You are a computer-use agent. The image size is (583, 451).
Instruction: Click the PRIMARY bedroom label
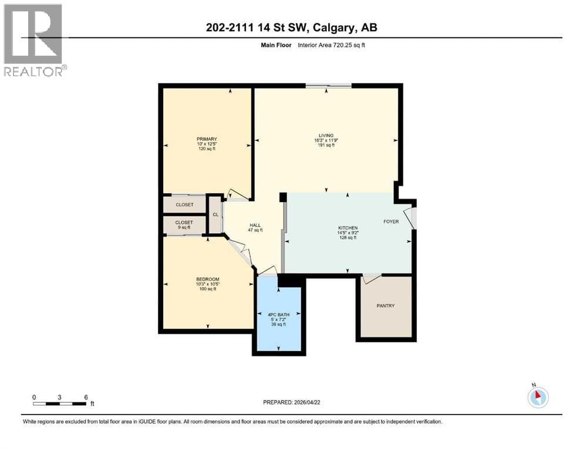point(207,139)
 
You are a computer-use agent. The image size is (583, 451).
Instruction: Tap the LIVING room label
point(326,135)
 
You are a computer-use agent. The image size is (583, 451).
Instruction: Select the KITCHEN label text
point(348,228)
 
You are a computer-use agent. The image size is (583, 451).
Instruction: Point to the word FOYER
point(391,221)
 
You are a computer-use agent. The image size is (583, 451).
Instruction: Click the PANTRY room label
point(386,305)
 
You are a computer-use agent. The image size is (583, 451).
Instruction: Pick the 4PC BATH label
point(278,315)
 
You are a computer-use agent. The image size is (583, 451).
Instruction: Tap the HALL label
point(255,225)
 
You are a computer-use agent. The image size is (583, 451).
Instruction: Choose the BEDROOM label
point(208,279)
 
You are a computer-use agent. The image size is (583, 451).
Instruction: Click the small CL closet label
point(215,215)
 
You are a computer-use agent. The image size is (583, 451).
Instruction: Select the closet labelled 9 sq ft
point(184,224)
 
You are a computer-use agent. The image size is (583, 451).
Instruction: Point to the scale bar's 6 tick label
point(86,397)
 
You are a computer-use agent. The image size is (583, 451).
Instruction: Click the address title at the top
point(291,28)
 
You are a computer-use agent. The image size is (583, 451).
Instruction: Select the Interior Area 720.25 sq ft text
point(331,45)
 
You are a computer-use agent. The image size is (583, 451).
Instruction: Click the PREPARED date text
point(291,402)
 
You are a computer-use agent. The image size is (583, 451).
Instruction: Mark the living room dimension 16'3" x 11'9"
point(326,140)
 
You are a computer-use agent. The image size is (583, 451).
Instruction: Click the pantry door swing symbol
point(372,278)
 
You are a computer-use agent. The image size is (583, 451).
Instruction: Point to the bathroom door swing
point(268,271)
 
